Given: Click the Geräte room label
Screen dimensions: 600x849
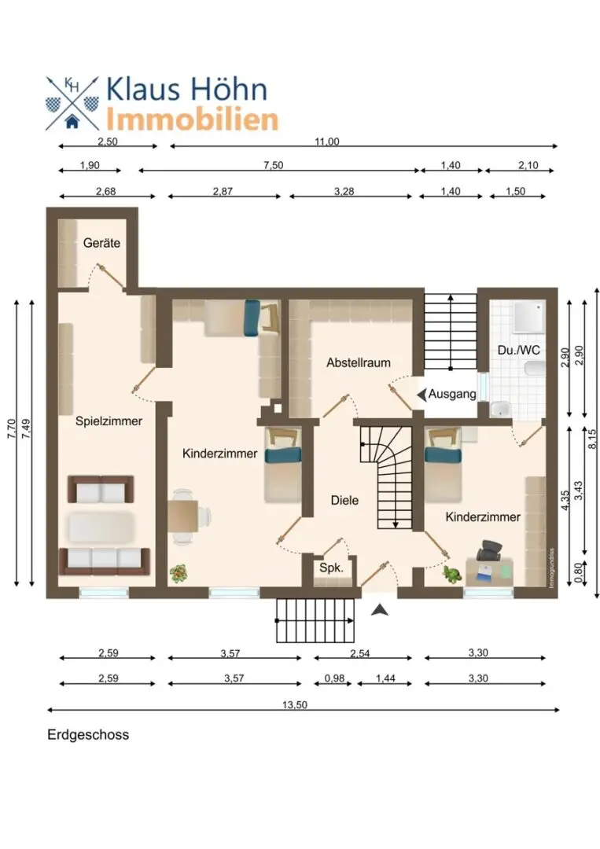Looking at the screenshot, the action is tap(101, 243).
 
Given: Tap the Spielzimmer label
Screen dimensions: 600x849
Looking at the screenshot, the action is tap(109, 421).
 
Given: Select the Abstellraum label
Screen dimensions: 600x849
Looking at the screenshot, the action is tap(358, 362).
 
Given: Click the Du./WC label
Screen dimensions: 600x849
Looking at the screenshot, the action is tap(518, 351).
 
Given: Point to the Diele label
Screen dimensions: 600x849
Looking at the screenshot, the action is tap(344, 500).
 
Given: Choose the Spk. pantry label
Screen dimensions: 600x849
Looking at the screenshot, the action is tap(331, 568).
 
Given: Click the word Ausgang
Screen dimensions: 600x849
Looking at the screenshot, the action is tap(452, 394).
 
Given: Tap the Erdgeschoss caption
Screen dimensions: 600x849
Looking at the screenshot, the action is tap(88, 735).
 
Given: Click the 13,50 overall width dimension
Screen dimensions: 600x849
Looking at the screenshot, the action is tap(295, 704).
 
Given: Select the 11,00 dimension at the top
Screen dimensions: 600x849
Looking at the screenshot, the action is tap(327, 141).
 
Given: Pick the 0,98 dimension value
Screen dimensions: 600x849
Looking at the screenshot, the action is tap(334, 678).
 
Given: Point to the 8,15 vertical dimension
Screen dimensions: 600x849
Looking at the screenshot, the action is tap(591, 439).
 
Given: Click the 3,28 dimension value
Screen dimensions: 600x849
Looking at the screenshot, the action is tap(344, 191).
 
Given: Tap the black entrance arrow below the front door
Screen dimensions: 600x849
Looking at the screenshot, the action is tap(380, 610).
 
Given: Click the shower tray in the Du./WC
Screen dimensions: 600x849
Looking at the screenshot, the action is tap(528, 317).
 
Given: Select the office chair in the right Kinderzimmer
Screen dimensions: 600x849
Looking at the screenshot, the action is tap(489, 550).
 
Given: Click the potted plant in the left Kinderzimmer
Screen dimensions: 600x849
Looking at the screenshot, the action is tap(179, 573).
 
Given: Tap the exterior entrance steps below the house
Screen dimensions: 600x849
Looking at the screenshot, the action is tap(315, 620).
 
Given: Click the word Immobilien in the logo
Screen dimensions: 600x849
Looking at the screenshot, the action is tap(192, 119).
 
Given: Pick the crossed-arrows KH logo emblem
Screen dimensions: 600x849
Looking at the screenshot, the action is tap(72, 104).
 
